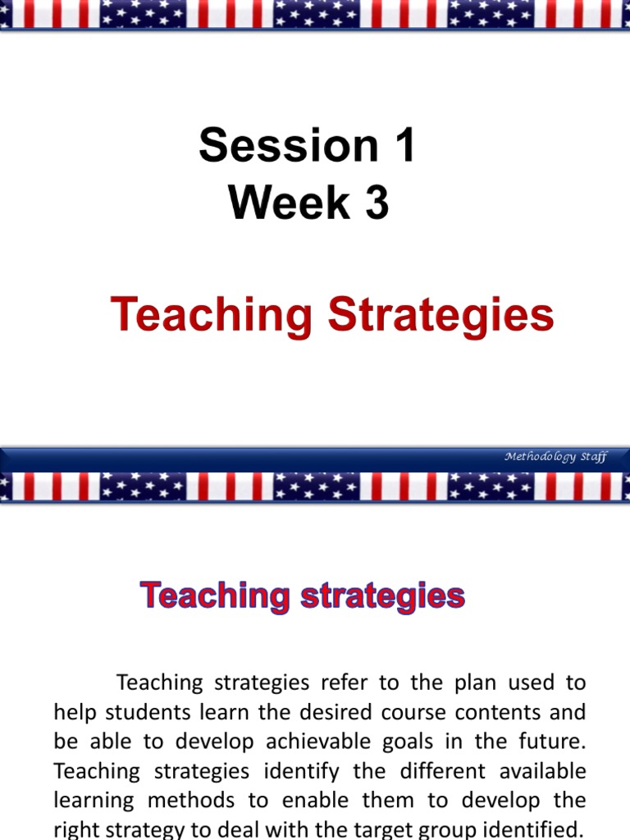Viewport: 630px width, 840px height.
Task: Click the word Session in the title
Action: [276, 145]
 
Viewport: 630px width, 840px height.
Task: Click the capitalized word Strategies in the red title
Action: [441, 316]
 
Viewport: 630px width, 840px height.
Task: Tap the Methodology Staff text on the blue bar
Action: [555, 457]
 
